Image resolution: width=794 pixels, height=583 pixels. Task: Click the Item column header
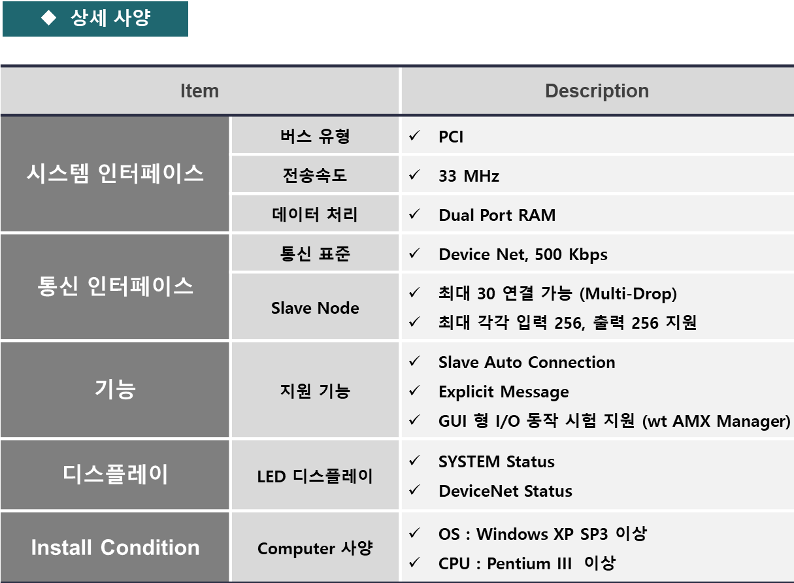click(x=199, y=91)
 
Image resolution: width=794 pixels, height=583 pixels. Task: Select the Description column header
click(x=597, y=91)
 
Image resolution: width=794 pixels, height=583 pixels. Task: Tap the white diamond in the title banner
click(x=48, y=18)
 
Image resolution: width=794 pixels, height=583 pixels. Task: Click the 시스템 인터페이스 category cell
click(x=115, y=174)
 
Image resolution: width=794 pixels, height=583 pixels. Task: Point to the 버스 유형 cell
click(x=315, y=136)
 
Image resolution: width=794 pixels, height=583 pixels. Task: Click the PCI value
click(x=451, y=137)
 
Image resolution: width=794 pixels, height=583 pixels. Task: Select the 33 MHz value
click(x=469, y=176)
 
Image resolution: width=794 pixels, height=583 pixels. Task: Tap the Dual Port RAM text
click(x=497, y=215)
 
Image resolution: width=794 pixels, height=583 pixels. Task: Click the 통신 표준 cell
click(x=315, y=254)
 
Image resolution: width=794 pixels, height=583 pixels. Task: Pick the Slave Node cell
click(x=315, y=307)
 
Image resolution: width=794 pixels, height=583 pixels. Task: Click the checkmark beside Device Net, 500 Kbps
click(x=414, y=253)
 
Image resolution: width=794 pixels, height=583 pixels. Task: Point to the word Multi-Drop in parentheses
click(x=628, y=294)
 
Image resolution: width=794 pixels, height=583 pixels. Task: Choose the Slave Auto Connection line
click(x=527, y=362)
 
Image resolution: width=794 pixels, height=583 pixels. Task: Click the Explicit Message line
click(x=504, y=392)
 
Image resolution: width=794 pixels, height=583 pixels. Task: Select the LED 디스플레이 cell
click(x=315, y=476)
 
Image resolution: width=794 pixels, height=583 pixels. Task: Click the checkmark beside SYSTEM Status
click(x=414, y=460)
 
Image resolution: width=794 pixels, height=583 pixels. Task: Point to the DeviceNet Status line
click(x=505, y=491)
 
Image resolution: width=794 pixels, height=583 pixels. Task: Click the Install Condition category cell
click(x=115, y=547)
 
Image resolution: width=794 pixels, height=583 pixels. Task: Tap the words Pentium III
click(x=529, y=563)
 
